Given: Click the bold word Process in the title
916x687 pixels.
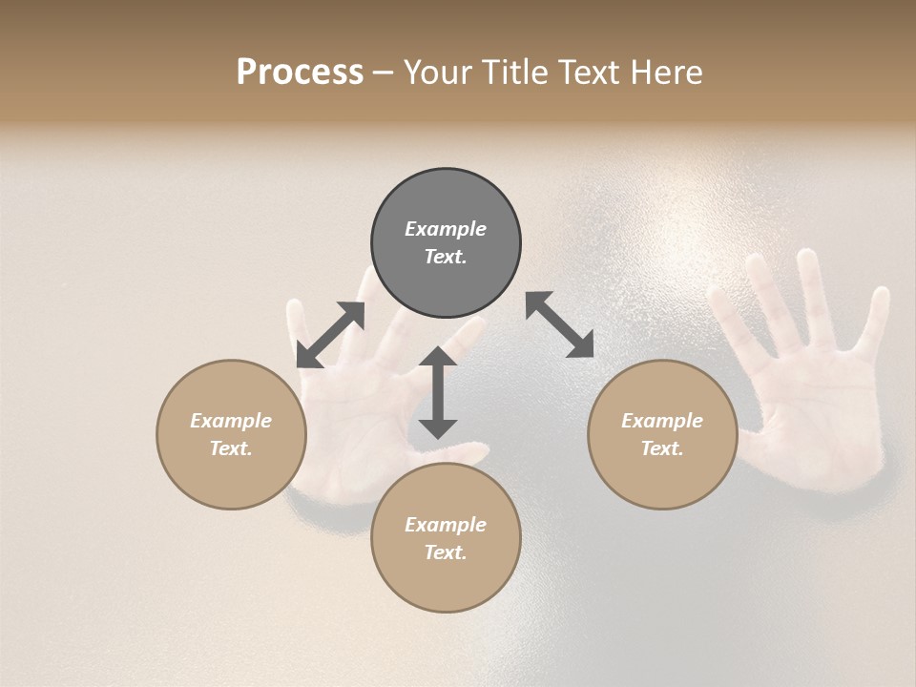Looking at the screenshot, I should point(300,73).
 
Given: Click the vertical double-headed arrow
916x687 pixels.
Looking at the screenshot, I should point(438,392).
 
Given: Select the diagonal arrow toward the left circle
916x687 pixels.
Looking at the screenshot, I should point(330,334).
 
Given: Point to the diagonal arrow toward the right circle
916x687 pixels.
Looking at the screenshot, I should point(560,324).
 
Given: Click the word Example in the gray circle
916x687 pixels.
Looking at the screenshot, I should point(446,229).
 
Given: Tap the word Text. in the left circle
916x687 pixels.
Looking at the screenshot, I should point(231,448).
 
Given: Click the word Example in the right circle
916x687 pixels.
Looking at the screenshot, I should point(662,421).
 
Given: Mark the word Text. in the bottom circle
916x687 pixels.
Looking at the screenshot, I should point(446,552).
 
